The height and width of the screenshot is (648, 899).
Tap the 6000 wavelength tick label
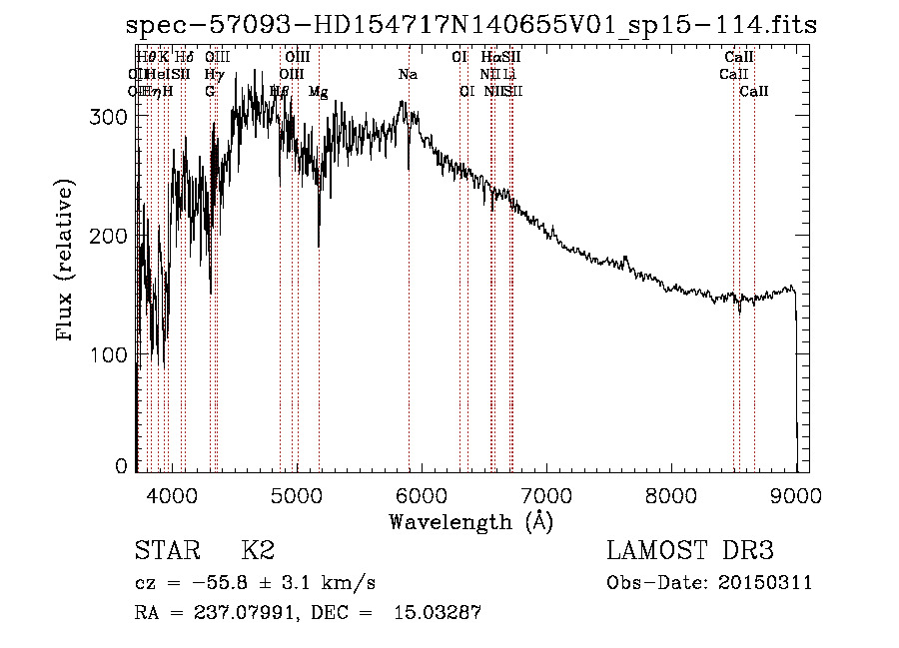tap(422, 494)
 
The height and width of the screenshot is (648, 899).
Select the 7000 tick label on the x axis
tap(546, 494)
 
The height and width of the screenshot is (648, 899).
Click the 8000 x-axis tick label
tap(671, 494)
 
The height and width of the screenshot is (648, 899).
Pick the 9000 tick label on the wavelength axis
tap(796, 494)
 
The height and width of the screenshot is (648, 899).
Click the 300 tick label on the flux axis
tap(109, 117)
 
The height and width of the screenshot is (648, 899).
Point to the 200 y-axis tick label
tap(109, 236)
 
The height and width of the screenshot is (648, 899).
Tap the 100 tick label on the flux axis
tap(109, 354)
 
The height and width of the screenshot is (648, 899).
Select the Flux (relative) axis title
tap(67, 262)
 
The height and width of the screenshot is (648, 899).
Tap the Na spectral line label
tap(408, 75)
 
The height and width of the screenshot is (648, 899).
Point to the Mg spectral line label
tap(318, 92)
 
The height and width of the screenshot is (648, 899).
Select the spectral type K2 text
tap(258, 551)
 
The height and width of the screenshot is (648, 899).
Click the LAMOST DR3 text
tap(690, 551)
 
